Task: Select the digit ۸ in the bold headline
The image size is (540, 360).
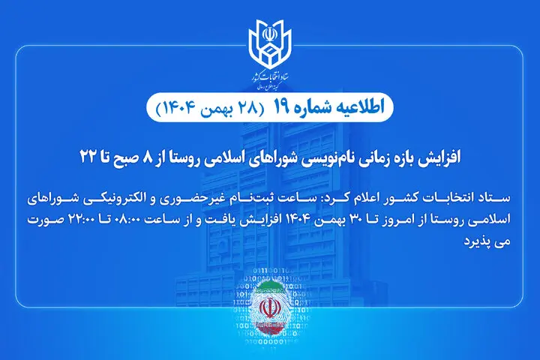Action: [x=160, y=157]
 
